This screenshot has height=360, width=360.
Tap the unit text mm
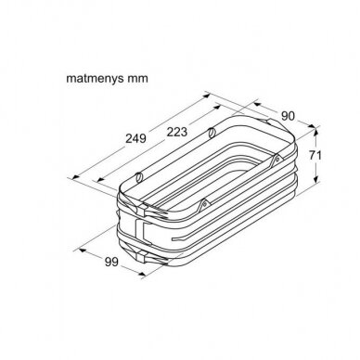click(x=137, y=79)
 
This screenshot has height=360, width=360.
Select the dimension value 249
click(x=135, y=138)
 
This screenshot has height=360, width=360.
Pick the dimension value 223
click(x=177, y=132)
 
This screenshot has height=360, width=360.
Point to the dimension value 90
click(x=288, y=116)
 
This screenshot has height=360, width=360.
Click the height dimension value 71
click(x=315, y=155)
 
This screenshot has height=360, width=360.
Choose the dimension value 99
click(x=111, y=262)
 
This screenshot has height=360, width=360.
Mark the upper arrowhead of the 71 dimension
click(x=315, y=133)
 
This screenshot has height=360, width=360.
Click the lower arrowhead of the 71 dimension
click(x=315, y=178)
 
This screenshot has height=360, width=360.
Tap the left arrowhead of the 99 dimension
click(x=84, y=251)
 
